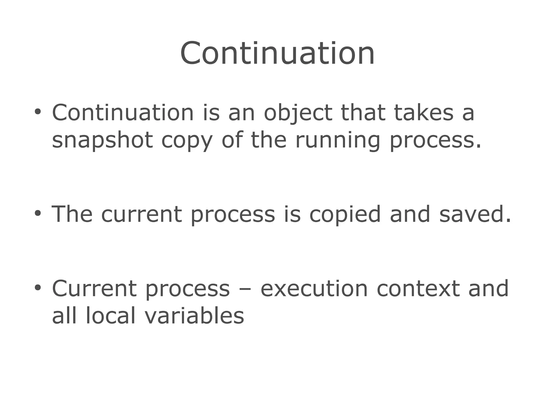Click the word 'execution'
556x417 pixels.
click(314, 289)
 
